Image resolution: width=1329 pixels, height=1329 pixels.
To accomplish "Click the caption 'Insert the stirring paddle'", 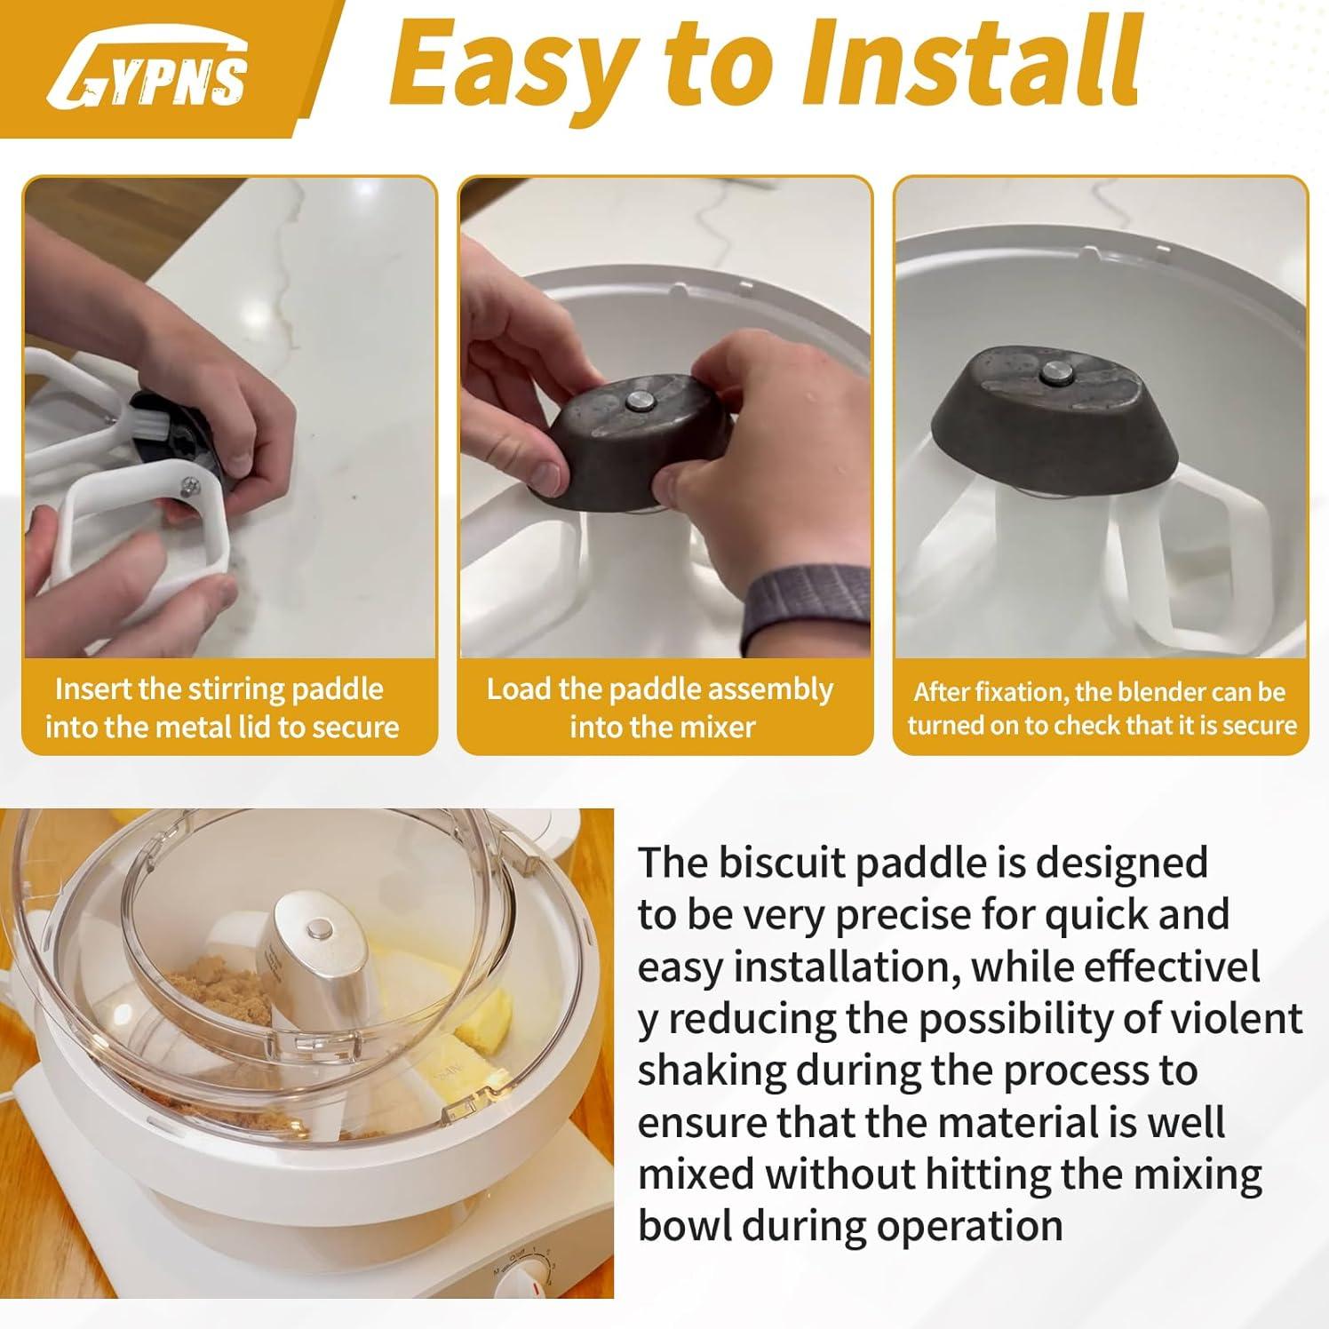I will pos(219,689).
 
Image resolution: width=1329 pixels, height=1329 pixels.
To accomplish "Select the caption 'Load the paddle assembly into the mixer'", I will pos(661,708).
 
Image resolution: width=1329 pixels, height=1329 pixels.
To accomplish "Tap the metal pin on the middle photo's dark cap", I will pos(641,402).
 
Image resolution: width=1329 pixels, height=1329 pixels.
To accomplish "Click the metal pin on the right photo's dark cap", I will pos(1054,374).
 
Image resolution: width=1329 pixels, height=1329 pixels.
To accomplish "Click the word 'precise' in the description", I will pos(908,915).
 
